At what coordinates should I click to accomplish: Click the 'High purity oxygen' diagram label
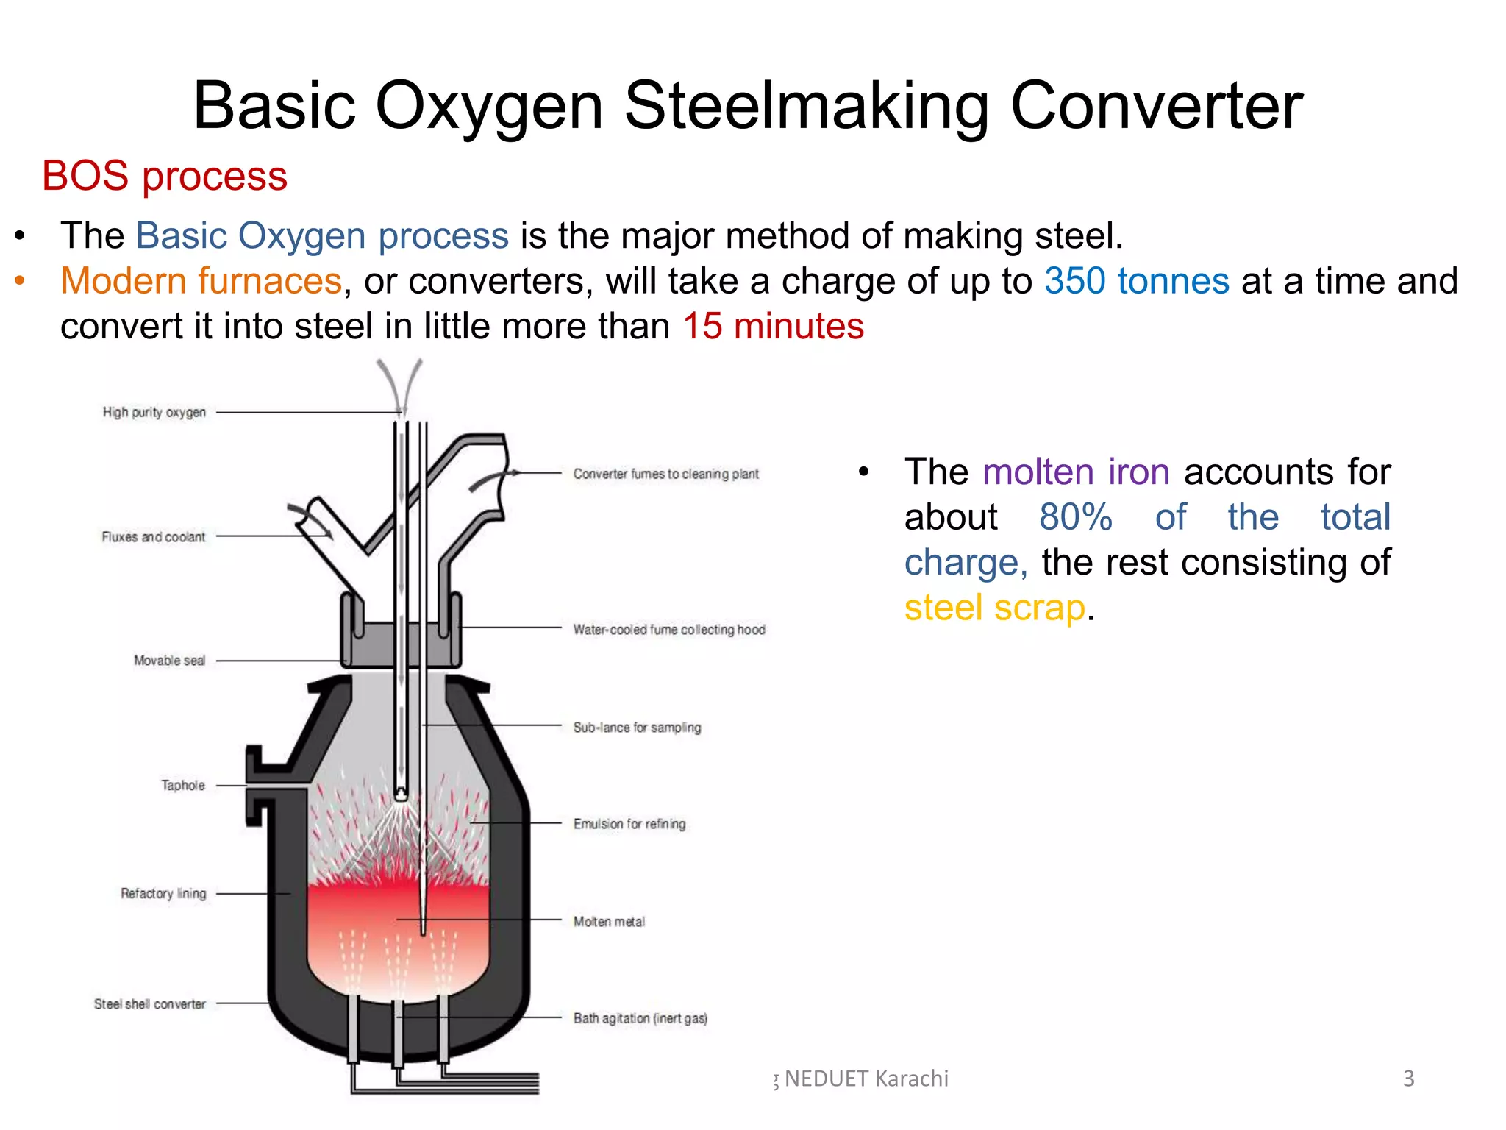154,412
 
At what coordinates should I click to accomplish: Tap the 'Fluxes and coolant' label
154,537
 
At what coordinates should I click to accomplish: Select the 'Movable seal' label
169,661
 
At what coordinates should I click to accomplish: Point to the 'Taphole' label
183,786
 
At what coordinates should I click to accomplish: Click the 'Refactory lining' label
163,894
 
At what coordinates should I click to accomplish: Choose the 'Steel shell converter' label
150,1004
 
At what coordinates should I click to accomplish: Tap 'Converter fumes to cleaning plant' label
665,474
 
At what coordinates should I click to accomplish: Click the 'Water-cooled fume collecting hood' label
669,630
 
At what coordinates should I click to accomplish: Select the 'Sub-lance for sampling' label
637,728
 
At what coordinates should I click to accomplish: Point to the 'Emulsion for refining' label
629,824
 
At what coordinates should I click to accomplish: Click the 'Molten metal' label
609,922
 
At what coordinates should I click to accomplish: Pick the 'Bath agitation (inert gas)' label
640,1018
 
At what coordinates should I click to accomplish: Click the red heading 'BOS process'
164,177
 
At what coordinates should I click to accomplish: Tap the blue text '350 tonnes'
1137,281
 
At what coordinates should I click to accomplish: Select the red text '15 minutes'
774,326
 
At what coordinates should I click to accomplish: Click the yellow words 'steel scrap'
995,608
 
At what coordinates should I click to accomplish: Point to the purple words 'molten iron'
1076,472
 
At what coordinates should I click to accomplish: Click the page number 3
1408,1079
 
